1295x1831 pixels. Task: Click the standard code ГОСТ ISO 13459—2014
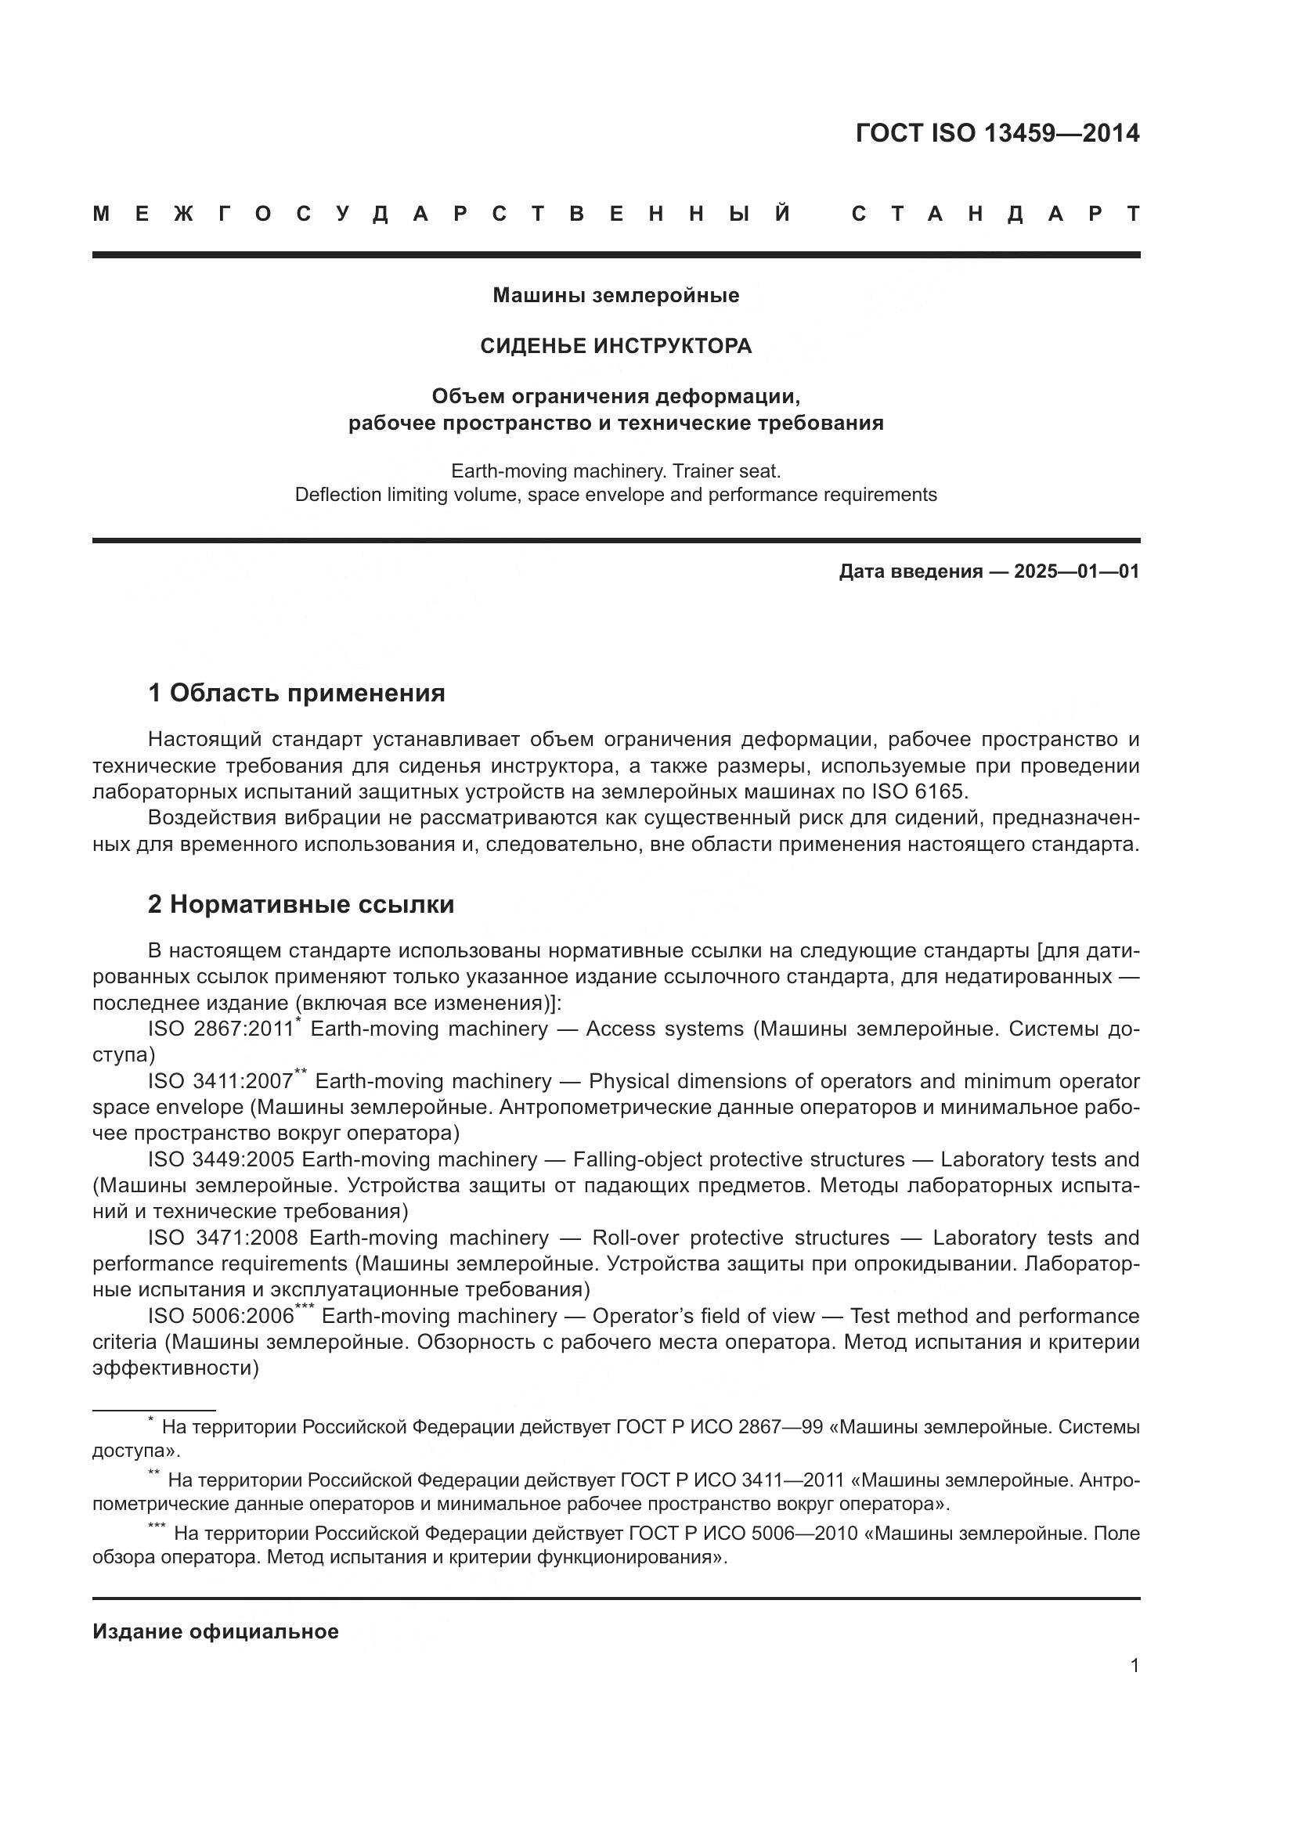pos(997,133)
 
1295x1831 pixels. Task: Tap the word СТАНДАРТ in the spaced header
pos(995,214)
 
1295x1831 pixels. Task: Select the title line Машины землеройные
pos(615,295)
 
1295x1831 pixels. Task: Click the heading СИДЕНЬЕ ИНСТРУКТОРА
pos(615,346)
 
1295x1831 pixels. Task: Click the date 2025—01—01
pos(1077,571)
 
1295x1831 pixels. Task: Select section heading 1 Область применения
pos(297,693)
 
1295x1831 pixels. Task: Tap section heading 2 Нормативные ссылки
pos(301,904)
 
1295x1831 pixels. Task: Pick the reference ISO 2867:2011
pos(221,1029)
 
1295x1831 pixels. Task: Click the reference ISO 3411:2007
pos(221,1082)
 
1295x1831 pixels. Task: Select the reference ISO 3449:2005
pos(221,1160)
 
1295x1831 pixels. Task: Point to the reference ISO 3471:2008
pos(222,1238)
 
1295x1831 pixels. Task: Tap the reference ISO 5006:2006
pos(221,1317)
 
